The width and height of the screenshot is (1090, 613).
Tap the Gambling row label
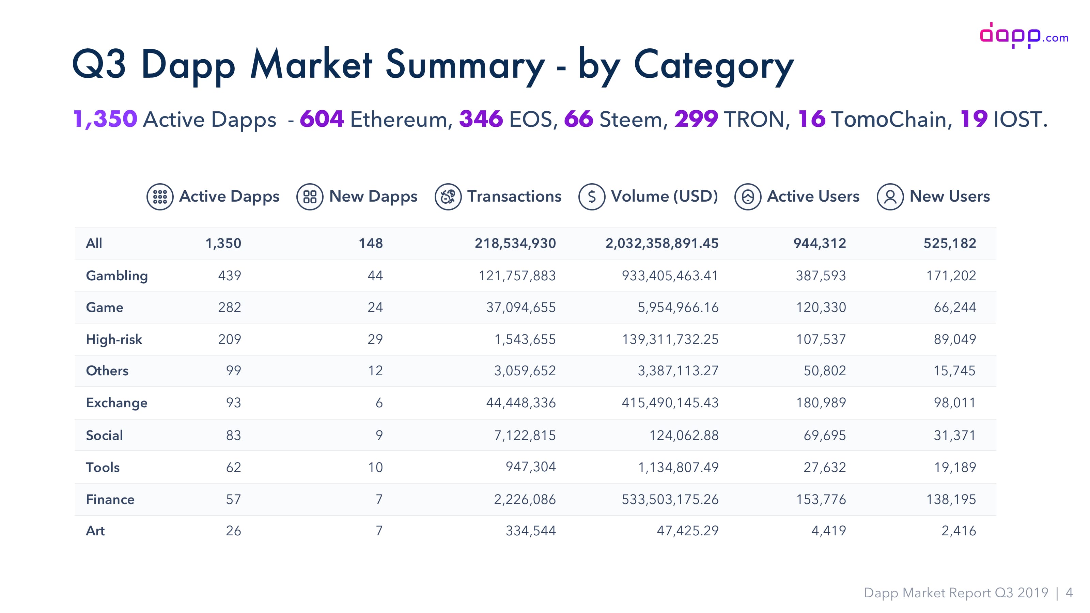117,276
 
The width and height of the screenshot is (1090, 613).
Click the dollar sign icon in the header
592,197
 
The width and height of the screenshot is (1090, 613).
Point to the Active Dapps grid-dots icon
160,197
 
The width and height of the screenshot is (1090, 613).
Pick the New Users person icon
890,197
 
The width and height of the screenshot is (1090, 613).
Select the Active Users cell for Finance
821,500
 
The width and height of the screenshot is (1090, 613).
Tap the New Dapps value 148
371,243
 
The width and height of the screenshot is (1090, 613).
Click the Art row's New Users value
959,531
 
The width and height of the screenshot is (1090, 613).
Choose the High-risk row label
114,339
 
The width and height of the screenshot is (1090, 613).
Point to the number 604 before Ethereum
322,119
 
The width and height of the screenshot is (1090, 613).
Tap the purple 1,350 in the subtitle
105,119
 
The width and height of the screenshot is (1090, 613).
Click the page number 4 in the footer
1069,593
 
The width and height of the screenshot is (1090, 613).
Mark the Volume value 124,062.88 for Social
684,435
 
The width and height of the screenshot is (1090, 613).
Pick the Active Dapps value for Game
229,308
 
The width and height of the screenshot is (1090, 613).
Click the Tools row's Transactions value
531,467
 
